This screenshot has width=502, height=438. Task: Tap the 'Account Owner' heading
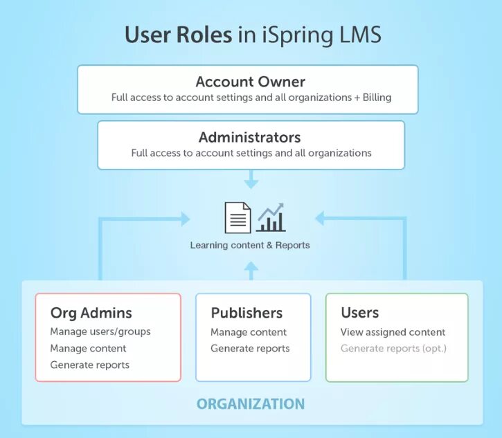(250, 82)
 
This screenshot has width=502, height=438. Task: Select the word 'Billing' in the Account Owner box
(375, 98)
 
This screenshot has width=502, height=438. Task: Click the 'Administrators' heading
(250, 137)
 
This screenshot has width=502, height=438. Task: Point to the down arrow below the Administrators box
(251, 181)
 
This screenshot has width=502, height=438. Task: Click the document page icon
(237, 217)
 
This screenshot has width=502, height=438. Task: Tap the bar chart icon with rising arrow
(271, 217)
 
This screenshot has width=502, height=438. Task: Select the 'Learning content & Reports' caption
(250, 245)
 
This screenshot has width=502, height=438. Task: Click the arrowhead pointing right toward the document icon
(185, 219)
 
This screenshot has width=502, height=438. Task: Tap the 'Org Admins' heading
(91, 313)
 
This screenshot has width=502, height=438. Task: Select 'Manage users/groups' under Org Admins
(100, 331)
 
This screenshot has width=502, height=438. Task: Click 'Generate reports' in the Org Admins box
(90, 365)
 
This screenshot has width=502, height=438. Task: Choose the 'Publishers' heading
(246, 313)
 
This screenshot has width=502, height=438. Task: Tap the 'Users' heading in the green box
(360, 313)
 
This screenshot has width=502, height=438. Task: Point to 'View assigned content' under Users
(393, 332)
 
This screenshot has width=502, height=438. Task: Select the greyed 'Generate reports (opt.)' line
(393, 349)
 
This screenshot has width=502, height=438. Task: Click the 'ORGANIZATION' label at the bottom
(251, 403)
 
